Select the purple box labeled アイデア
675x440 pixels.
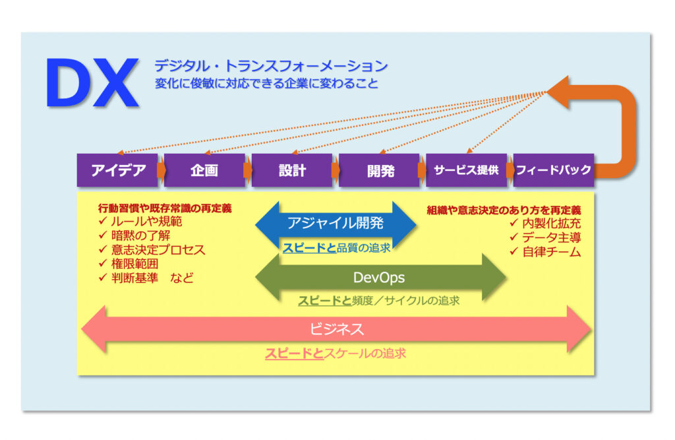pyautogui.click(x=117, y=170)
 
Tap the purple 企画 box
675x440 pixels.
pyautogui.click(x=204, y=170)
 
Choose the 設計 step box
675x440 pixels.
pyautogui.click(x=292, y=170)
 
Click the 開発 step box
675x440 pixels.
pyautogui.click(x=379, y=170)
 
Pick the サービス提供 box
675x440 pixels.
pyautogui.click(x=467, y=170)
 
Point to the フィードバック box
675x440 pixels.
pyautogui.click(x=554, y=170)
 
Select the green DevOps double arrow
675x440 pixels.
pyautogui.click(x=380, y=278)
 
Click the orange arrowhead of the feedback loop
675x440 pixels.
pyautogui.click(x=558, y=92)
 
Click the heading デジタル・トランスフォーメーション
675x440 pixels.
pyautogui.click(x=271, y=66)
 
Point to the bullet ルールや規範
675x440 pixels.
pyautogui.click(x=146, y=222)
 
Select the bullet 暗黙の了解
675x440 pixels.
pyautogui.click(x=141, y=236)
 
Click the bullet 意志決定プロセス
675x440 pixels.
pyautogui.click(x=158, y=250)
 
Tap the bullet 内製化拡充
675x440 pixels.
pyautogui.click(x=552, y=223)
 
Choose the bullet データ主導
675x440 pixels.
pyautogui.click(x=552, y=237)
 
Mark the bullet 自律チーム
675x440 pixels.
pyautogui.click(x=552, y=252)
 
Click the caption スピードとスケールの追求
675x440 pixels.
pyautogui.click(x=336, y=354)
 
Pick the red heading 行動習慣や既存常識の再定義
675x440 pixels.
pyautogui.click(x=165, y=208)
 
